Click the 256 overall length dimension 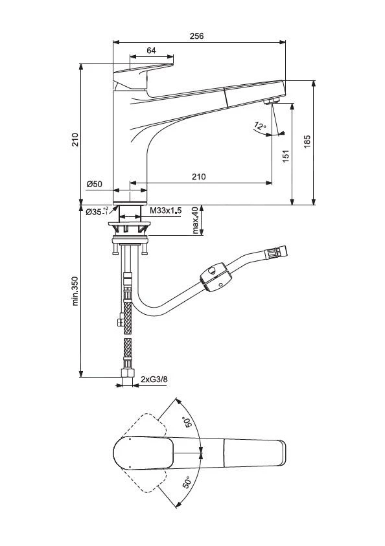click(196, 36)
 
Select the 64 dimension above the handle click(151, 51)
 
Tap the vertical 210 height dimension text click(75, 140)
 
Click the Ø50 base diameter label click(95, 185)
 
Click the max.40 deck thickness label click(195, 220)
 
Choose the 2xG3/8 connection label click(154, 380)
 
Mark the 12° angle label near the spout click(259, 126)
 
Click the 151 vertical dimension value click(286, 155)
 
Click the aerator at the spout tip click(271, 101)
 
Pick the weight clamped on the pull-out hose click(215, 277)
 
